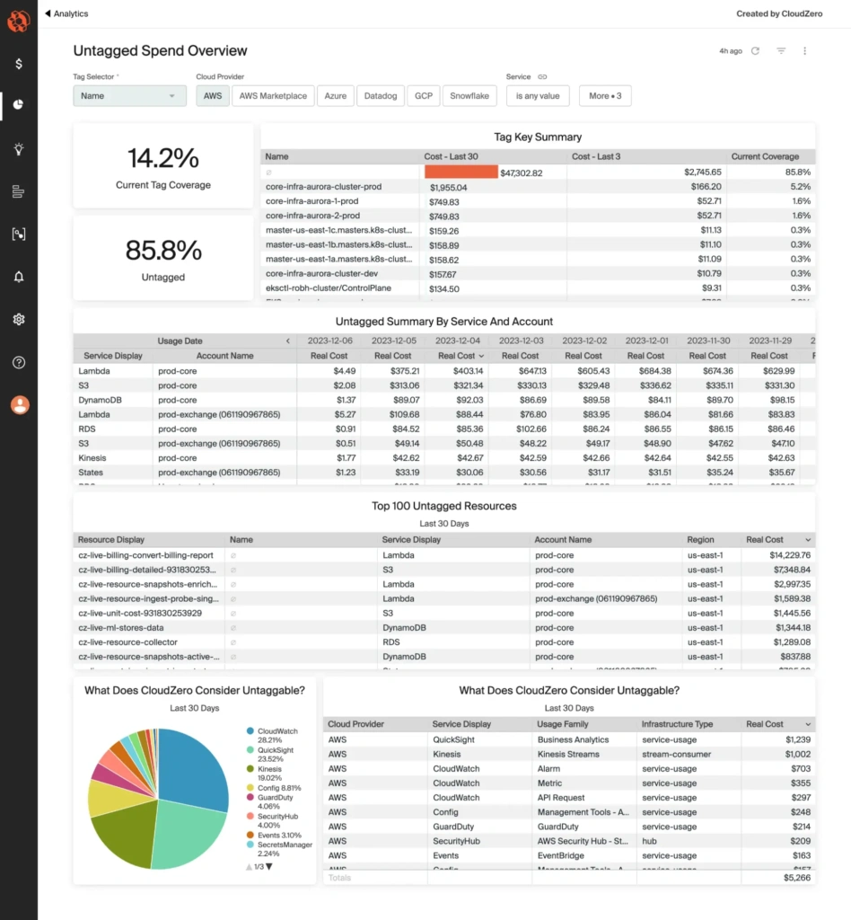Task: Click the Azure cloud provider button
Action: (335, 96)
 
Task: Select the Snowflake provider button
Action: (469, 96)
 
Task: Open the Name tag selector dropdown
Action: (129, 96)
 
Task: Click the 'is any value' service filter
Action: (538, 96)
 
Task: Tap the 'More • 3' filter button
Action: (605, 96)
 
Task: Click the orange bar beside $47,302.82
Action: (461, 172)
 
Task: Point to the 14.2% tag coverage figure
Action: (162, 158)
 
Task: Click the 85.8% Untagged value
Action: (162, 250)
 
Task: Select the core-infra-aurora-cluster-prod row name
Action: (323, 187)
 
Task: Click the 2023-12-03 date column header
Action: (522, 341)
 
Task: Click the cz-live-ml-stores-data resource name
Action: (120, 628)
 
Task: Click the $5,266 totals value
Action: (797, 878)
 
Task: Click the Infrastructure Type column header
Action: (678, 724)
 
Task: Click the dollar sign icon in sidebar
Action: (19, 64)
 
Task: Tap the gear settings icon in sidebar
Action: (19, 319)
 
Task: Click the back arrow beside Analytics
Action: (48, 13)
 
